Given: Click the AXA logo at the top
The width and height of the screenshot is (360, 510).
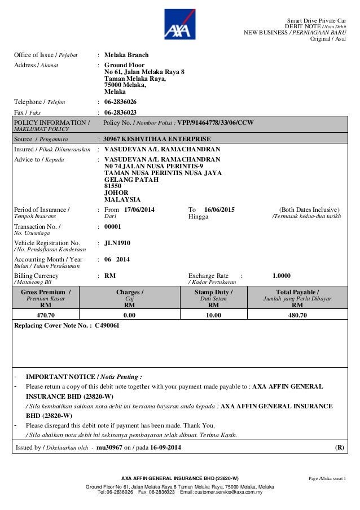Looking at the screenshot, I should (x=179, y=25).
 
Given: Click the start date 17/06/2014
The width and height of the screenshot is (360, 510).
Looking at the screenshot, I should (x=138, y=210).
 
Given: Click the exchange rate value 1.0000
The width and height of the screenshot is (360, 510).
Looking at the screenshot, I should (x=282, y=276).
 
